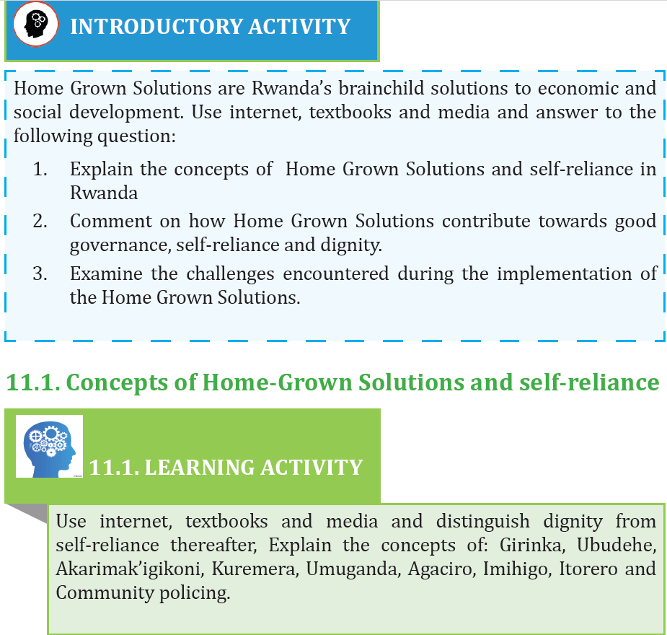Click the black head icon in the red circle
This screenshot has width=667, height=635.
pos(35,24)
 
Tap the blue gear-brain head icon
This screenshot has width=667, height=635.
pos(49,446)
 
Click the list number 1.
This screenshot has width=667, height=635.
pos(40,169)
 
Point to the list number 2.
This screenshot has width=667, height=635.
pos(40,221)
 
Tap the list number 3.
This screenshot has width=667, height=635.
pos(40,273)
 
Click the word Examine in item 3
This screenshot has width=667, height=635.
pos(106,273)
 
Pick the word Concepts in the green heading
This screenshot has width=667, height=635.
pos(118,382)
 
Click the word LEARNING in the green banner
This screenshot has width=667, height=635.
pos(200,468)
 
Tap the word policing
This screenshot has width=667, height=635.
pos(195,593)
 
